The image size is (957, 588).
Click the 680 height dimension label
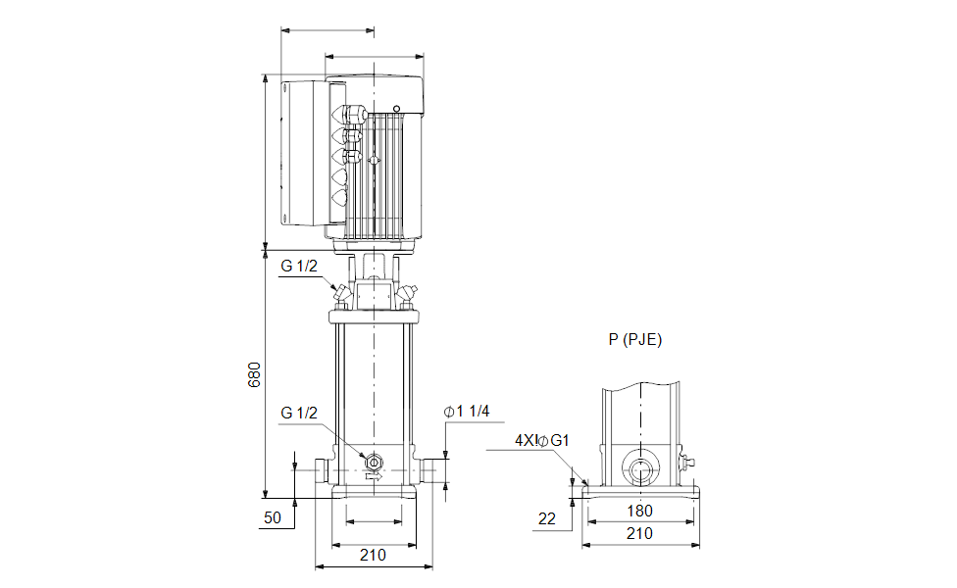click(x=254, y=374)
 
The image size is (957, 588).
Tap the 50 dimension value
click(x=273, y=517)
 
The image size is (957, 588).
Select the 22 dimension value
click(x=547, y=519)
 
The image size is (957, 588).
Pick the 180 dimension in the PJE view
click(x=639, y=512)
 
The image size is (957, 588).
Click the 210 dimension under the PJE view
click(x=639, y=534)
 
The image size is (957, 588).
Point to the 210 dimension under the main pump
click(x=373, y=555)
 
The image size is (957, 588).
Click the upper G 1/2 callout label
click(x=299, y=266)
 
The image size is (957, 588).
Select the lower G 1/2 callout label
click(x=299, y=413)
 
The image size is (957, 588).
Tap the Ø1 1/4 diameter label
click(x=467, y=412)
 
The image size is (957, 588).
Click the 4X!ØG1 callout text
click(x=542, y=440)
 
